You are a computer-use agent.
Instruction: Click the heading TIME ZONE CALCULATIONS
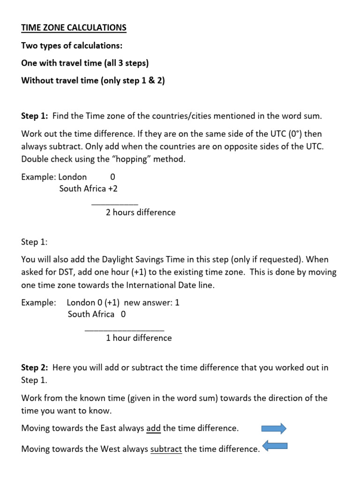pyautogui.click(x=74, y=28)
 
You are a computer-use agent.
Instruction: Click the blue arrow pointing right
pyautogui.click(x=273, y=428)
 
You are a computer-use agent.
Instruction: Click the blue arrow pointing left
pyautogui.click(x=275, y=447)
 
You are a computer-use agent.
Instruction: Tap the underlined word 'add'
pyautogui.click(x=153, y=428)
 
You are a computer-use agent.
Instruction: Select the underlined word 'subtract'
pyautogui.click(x=166, y=449)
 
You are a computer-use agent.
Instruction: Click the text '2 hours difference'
pyautogui.click(x=141, y=212)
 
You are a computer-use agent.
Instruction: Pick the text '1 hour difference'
pyautogui.click(x=139, y=338)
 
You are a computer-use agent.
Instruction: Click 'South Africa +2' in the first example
pyautogui.click(x=89, y=188)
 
